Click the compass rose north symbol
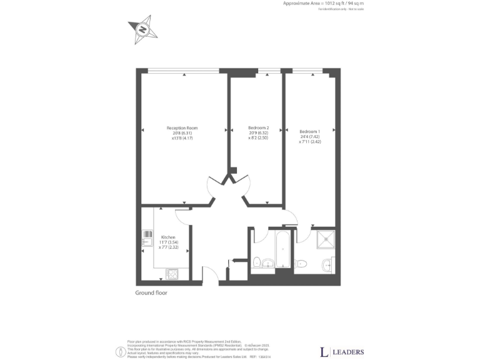click(142, 29)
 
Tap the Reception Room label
click(182, 127)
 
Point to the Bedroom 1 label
click(309, 131)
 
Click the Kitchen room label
click(168, 237)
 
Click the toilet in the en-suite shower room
click(301, 263)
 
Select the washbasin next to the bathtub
click(267, 263)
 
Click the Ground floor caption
click(151, 292)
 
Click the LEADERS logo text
click(341, 351)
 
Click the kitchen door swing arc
click(182, 216)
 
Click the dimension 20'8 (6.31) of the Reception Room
click(182, 133)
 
